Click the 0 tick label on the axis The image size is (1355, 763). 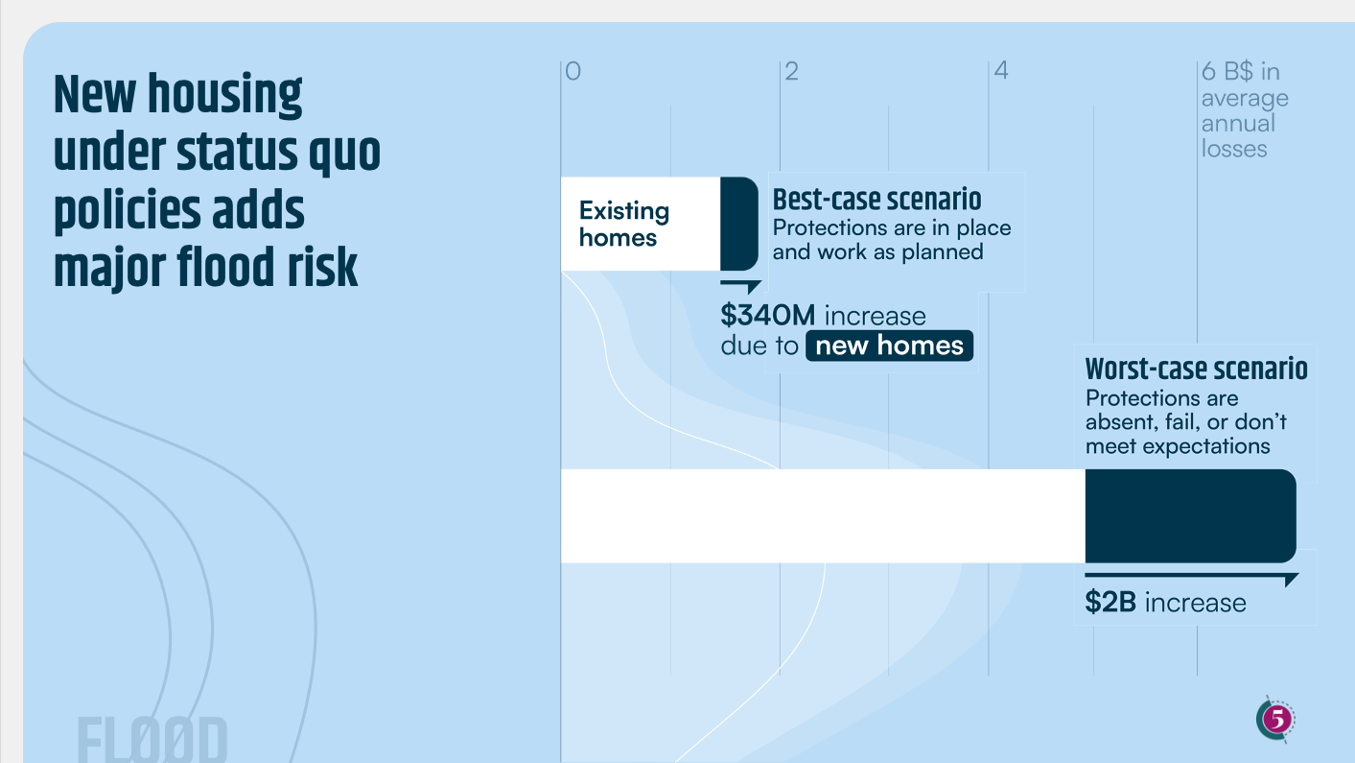(572, 71)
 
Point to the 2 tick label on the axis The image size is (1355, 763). (792, 71)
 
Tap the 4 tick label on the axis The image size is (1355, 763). (1001, 70)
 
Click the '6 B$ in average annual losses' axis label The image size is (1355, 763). (1245, 110)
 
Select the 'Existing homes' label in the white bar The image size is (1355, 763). (624, 224)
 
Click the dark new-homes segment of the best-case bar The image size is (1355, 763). (739, 224)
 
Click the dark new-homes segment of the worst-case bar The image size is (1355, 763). (1190, 516)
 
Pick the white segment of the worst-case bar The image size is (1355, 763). (824, 516)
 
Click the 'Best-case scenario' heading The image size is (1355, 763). (877, 200)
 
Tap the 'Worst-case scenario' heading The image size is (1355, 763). (1197, 369)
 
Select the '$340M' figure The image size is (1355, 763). (767, 316)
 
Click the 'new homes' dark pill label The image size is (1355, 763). (889, 346)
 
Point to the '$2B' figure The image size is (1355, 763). (1110, 603)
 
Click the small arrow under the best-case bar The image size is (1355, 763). (741, 286)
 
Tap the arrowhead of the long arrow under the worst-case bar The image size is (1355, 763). (1291, 580)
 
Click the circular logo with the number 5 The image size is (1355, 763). (1275, 719)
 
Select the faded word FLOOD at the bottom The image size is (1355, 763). (152, 739)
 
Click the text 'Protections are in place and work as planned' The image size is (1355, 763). (892, 240)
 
